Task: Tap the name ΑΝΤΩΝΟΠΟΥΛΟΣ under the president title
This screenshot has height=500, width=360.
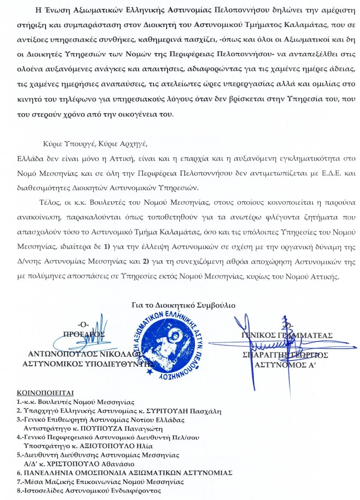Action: (64, 353)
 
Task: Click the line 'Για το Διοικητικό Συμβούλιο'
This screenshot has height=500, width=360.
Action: (183, 305)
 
